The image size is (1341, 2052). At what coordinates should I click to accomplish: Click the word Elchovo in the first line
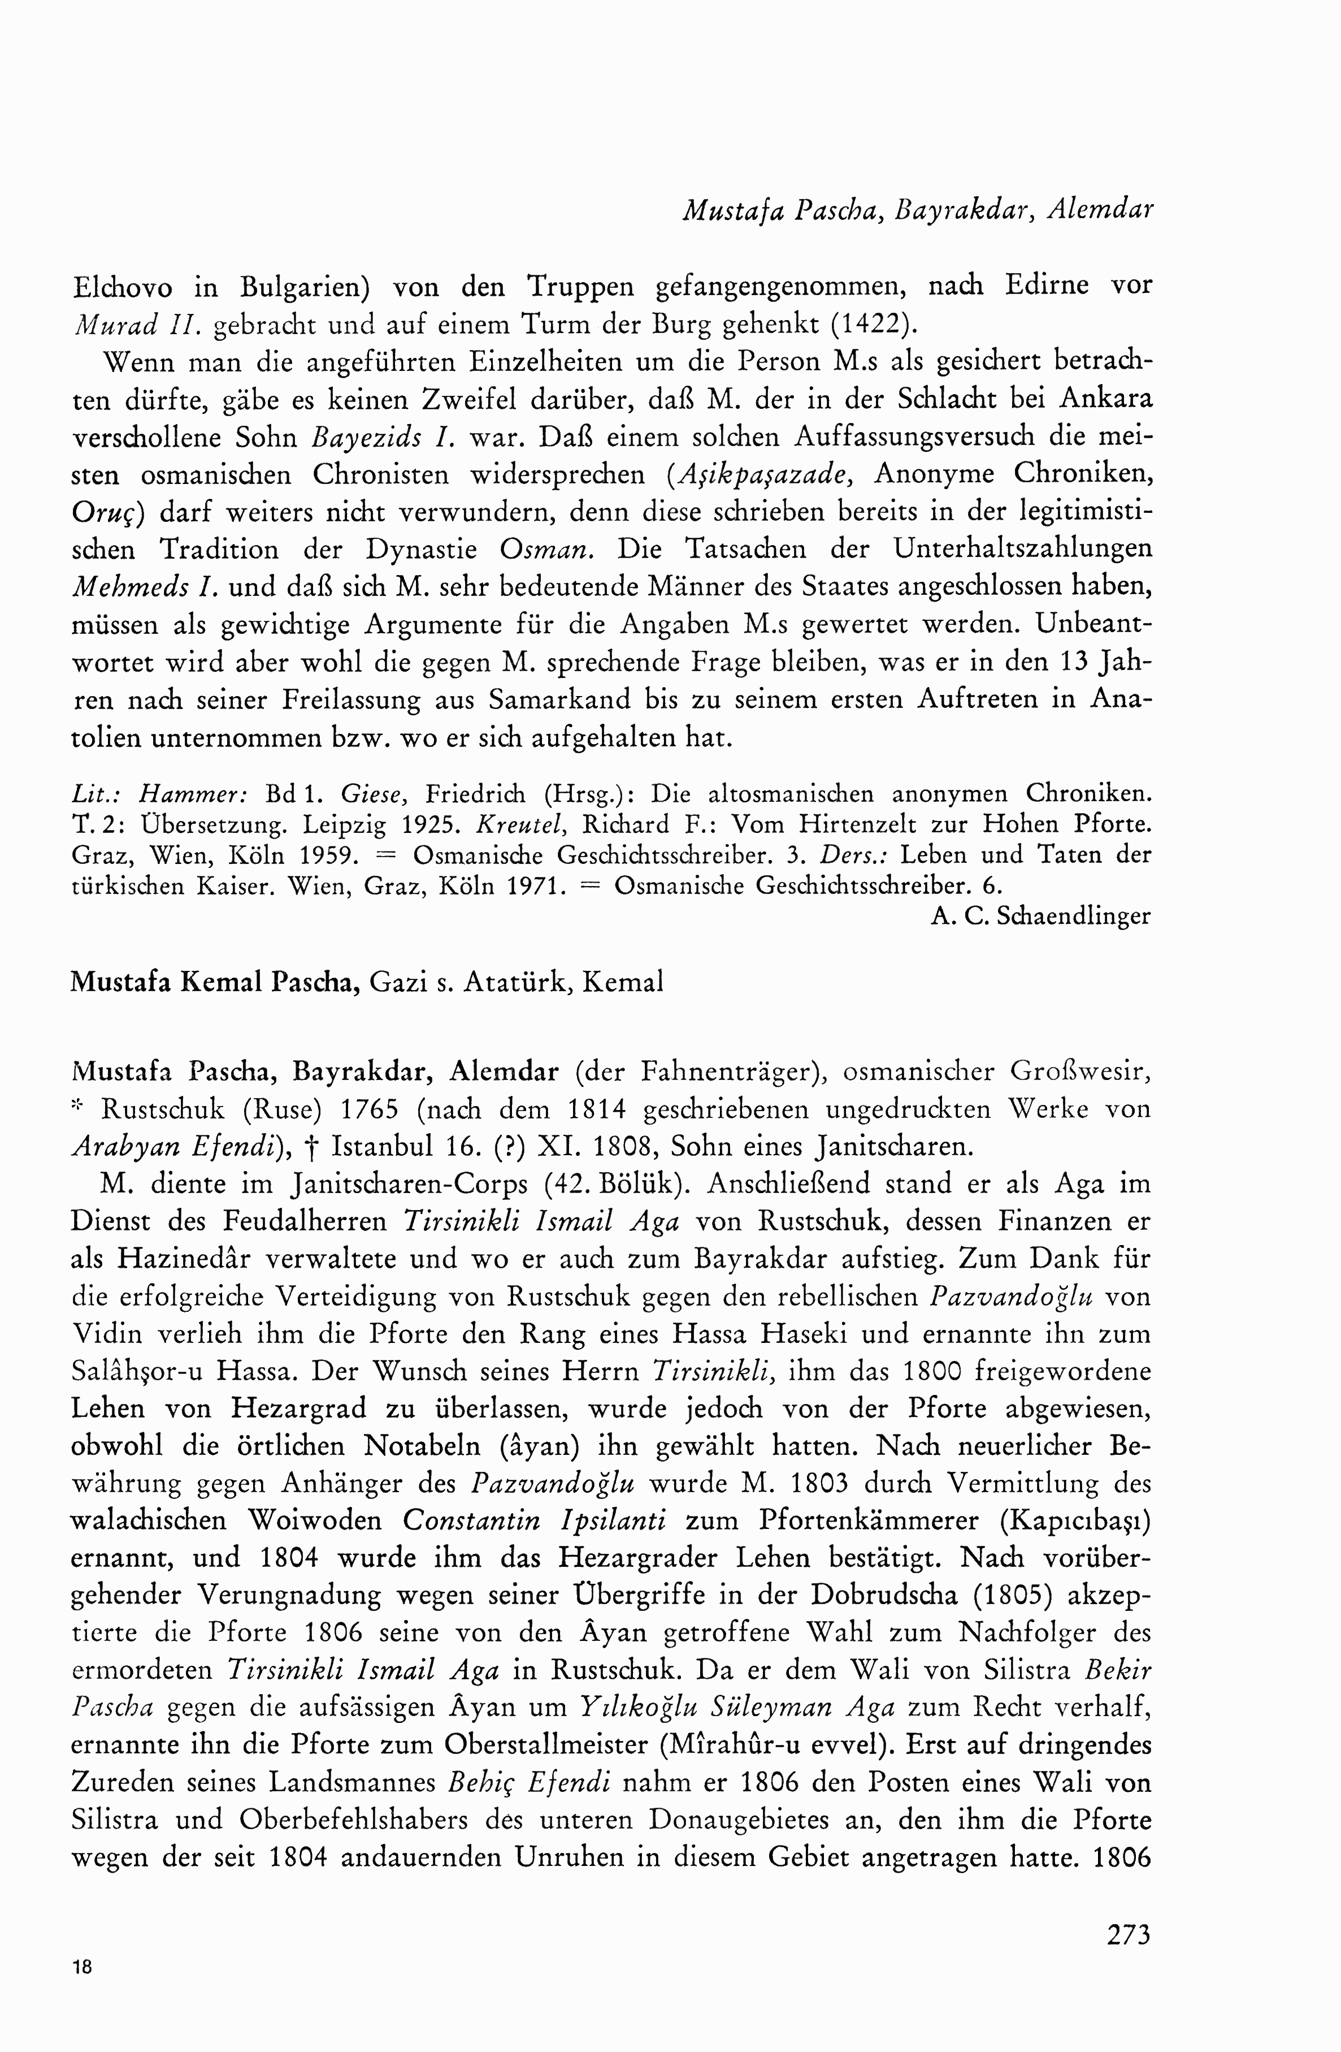(x=123, y=286)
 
